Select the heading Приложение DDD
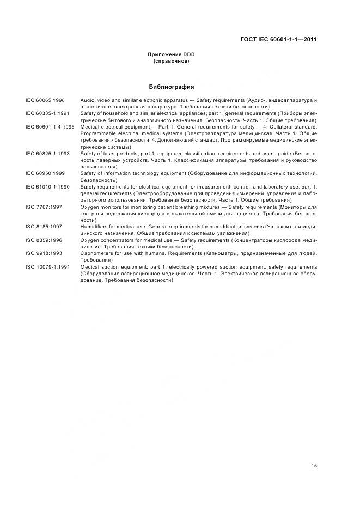pos(171,55)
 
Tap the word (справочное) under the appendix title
pos(171,61)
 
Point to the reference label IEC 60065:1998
pos(45,101)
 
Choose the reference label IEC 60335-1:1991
pos(47,114)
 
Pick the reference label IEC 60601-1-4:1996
pos(50,126)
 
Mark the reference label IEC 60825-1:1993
pos(47,154)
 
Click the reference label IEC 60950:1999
pos(45,173)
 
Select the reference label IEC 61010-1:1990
pos(47,186)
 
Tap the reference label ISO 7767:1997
pos(44,207)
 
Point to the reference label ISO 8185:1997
pos(44,226)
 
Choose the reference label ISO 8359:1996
pos(44,239)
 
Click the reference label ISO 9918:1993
pos(44,253)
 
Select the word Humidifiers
pos(94,226)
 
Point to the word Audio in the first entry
pos(87,101)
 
